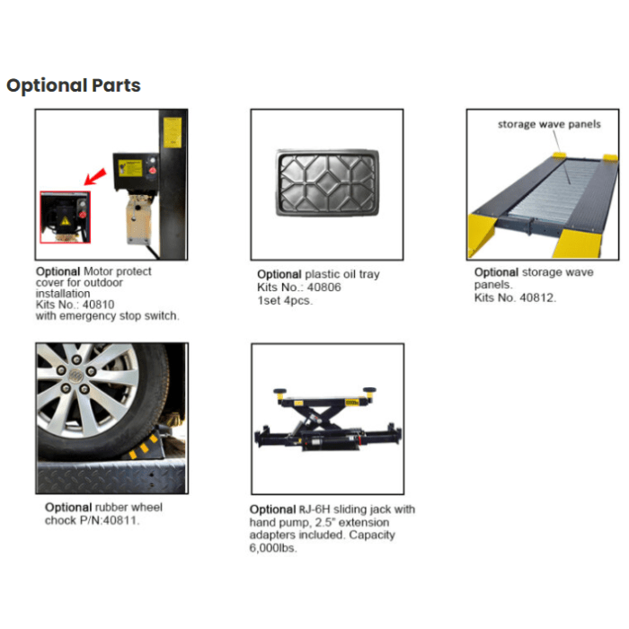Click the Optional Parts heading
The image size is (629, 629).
pos(74,85)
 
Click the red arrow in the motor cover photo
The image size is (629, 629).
pos(95,177)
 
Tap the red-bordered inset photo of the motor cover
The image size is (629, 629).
pos(65,217)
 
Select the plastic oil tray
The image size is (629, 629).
pos(327,183)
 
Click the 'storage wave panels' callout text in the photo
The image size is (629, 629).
pos(549,124)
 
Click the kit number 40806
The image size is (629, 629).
pos(324,288)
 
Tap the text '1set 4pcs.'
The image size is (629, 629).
pos(285,300)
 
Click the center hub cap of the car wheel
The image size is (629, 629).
pos(75,375)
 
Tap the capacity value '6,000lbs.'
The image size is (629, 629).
pos(273,548)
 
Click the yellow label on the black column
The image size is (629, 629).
pos(173,132)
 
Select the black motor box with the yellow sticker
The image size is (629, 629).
pos(135,172)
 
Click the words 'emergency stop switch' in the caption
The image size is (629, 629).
pos(119,316)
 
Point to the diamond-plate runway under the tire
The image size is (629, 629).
pos(111,477)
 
